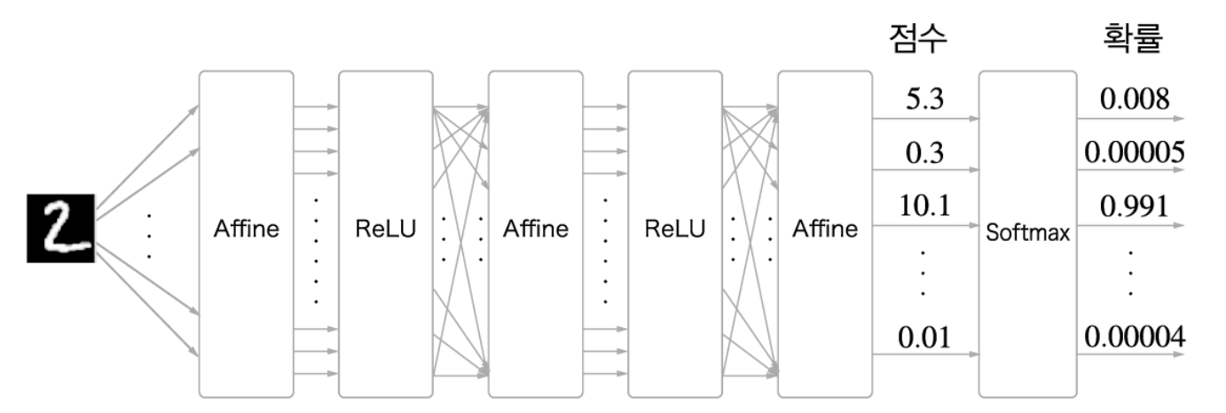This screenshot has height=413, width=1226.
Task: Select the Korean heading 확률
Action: [x=1132, y=39]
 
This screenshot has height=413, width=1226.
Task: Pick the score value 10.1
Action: [x=924, y=206]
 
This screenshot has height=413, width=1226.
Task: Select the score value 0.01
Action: [x=924, y=337]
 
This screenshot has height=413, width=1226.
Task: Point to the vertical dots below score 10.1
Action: [x=923, y=272]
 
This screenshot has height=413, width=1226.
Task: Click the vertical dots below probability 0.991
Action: [x=1130, y=272]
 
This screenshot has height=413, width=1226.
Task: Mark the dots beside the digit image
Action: [x=149, y=236]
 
